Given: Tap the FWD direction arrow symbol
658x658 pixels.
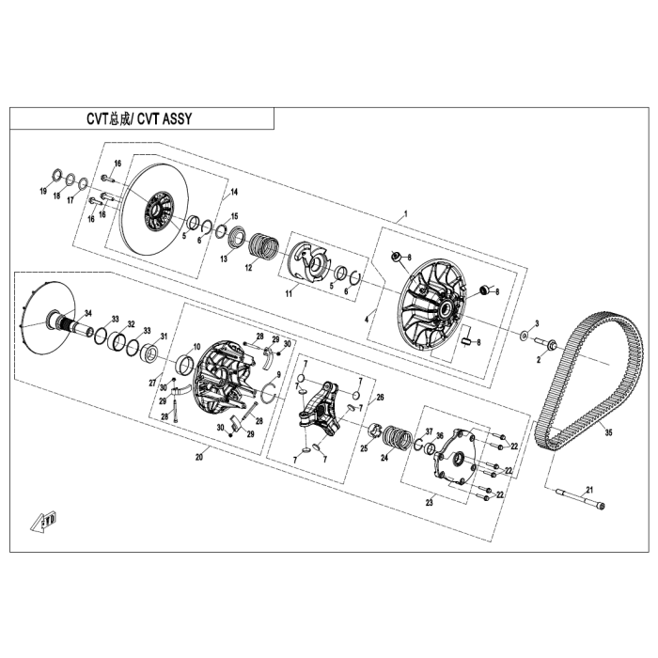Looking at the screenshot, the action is (43, 522).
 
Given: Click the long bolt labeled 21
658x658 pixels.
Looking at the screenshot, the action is (581, 499).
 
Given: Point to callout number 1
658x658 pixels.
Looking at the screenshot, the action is (405, 213).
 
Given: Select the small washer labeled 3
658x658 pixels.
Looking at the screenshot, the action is (524, 336).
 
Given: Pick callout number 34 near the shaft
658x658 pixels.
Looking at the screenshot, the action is (87, 313).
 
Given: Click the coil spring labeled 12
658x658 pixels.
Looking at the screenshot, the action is (263, 246).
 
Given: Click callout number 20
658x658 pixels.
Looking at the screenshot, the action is (199, 457).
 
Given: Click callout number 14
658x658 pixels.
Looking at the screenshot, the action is (234, 192).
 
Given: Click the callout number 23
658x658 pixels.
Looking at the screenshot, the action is (429, 502).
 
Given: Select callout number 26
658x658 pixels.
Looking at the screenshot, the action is (380, 398).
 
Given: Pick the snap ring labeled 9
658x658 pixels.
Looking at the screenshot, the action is (269, 393).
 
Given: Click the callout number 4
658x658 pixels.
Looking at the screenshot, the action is (367, 320).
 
